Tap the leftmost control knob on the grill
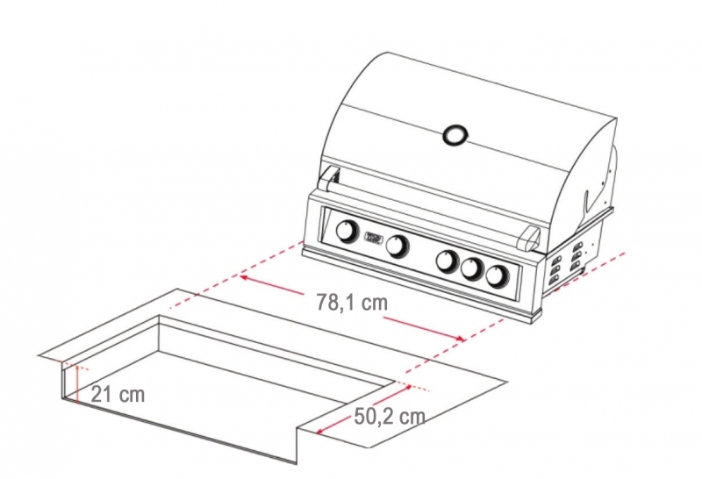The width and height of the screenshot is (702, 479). point(347,232)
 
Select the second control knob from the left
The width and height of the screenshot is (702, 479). point(397,246)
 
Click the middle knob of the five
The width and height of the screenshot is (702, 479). point(448,261)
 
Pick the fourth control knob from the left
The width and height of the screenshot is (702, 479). point(472,268)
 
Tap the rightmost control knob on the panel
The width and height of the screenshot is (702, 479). point(497,275)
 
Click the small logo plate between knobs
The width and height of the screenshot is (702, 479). point(374,237)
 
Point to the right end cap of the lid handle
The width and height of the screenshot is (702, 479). point(530,238)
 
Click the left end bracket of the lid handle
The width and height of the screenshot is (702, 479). point(328,179)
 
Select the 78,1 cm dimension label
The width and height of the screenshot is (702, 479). point(352,302)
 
